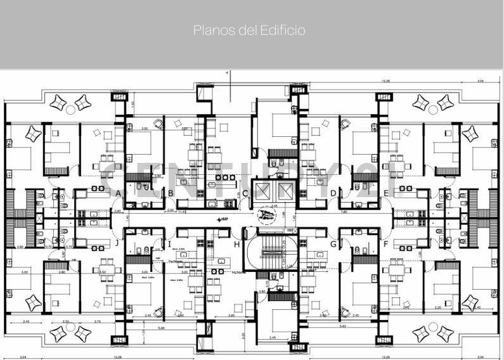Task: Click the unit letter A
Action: [x=119, y=193]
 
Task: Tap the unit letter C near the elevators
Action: [x=245, y=194]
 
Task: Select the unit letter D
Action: [x=333, y=193]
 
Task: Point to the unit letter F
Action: [x=385, y=244]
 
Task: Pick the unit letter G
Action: [x=333, y=244]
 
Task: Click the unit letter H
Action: [x=237, y=245]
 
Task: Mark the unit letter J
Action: [x=117, y=243]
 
